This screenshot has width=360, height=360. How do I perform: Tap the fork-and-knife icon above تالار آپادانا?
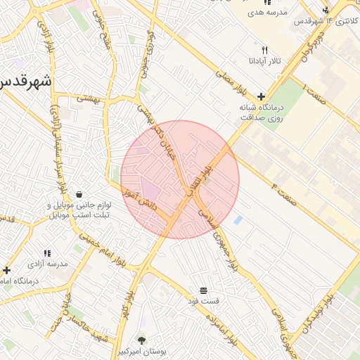[265, 50]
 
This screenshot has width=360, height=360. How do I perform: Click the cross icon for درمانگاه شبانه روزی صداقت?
[262, 96]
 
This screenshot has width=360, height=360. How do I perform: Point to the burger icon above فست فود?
[203, 290]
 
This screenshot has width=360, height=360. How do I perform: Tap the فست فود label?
[203, 301]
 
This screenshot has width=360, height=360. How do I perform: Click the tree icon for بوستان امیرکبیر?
[143, 340]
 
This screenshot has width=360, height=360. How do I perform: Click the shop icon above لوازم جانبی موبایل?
[79, 194]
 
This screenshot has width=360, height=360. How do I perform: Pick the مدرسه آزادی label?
[48, 264]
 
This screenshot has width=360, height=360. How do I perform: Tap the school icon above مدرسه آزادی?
[48, 253]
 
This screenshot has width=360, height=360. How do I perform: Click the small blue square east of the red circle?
[238, 220]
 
